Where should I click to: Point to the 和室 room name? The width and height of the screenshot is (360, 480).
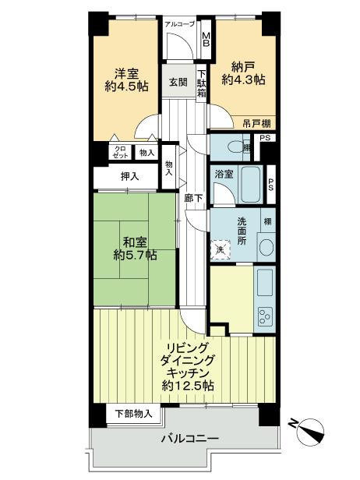132,240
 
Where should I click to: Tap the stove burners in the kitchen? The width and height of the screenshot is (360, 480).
266,318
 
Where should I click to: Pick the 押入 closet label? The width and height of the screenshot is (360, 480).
129,178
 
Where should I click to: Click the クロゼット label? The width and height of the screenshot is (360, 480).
121,153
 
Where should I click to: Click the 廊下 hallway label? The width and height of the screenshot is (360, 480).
194,198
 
